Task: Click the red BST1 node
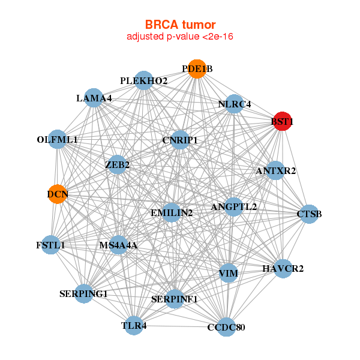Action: point(282,122)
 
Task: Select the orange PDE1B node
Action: point(197,69)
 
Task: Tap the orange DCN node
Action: point(57,194)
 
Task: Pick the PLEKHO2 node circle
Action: point(143,80)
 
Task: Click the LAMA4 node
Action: point(94,98)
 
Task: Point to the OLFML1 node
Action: point(57,140)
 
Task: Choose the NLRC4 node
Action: point(235,104)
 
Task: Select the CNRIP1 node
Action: point(179,140)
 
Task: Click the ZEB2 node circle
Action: point(117,164)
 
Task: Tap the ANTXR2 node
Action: point(275,171)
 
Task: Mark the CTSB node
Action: point(308,214)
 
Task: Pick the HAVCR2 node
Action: point(283,268)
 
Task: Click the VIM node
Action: point(228,274)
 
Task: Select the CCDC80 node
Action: point(226,327)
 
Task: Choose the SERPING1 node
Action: point(84,293)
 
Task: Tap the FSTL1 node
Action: point(50,245)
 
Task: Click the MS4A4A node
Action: point(118,245)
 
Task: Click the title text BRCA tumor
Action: point(180,25)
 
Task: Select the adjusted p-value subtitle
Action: point(180,37)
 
